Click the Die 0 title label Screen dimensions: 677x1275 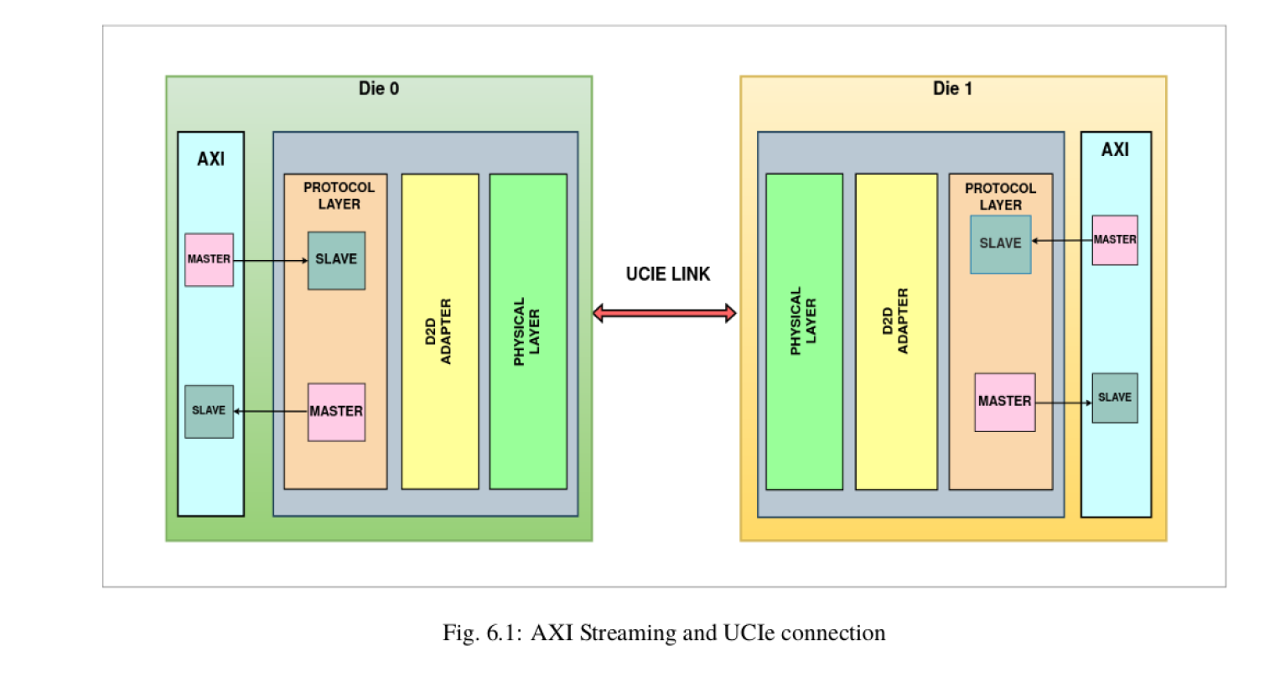point(379,88)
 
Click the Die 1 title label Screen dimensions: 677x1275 point(952,88)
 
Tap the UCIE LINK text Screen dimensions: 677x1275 point(668,274)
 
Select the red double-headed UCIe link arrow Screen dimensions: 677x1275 point(664,314)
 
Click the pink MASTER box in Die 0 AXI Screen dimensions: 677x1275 point(209,259)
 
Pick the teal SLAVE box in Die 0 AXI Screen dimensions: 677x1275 point(209,411)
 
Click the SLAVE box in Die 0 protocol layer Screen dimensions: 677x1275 point(336,260)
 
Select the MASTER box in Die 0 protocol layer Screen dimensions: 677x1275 point(336,412)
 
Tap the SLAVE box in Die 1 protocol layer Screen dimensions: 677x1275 point(1000,244)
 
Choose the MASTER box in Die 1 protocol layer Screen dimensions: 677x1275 point(1004,402)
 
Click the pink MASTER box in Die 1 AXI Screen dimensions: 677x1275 point(1114,240)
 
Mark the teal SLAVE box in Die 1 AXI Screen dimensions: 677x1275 point(1114,398)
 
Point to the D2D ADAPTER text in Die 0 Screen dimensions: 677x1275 point(440,331)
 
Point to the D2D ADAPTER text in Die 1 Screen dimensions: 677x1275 point(895,321)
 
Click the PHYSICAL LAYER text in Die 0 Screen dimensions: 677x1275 point(527,331)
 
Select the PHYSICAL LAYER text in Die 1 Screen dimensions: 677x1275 point(803,321)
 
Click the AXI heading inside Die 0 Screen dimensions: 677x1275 point(210,159)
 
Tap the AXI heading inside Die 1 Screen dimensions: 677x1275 point(1115,149)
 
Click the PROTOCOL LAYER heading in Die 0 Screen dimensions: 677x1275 point(339,195)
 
